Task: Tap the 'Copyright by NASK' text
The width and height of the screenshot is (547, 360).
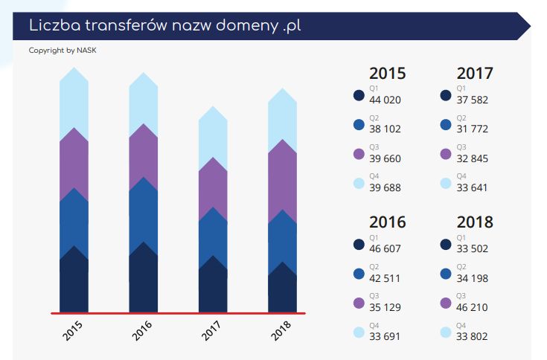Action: [x=63, y=51]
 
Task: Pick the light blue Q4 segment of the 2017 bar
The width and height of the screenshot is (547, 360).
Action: [x=213, y=134]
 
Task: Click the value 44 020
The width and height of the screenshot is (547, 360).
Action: [x=385, y=100]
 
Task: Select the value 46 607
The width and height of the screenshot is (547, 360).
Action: [x=385, y=248]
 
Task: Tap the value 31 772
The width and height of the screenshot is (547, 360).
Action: [x=473, y=129]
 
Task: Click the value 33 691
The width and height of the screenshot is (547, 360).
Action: [x=385, y=335]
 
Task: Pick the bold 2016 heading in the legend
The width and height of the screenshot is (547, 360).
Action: [x=388, y=222]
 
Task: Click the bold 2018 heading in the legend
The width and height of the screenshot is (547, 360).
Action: [x=475, y=222]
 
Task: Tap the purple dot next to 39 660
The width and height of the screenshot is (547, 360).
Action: [x=359, y=154]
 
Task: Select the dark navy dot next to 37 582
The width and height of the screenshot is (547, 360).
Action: [x=446, y=95]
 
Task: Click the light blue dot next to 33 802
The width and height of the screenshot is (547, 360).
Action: [x=446, y=332]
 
